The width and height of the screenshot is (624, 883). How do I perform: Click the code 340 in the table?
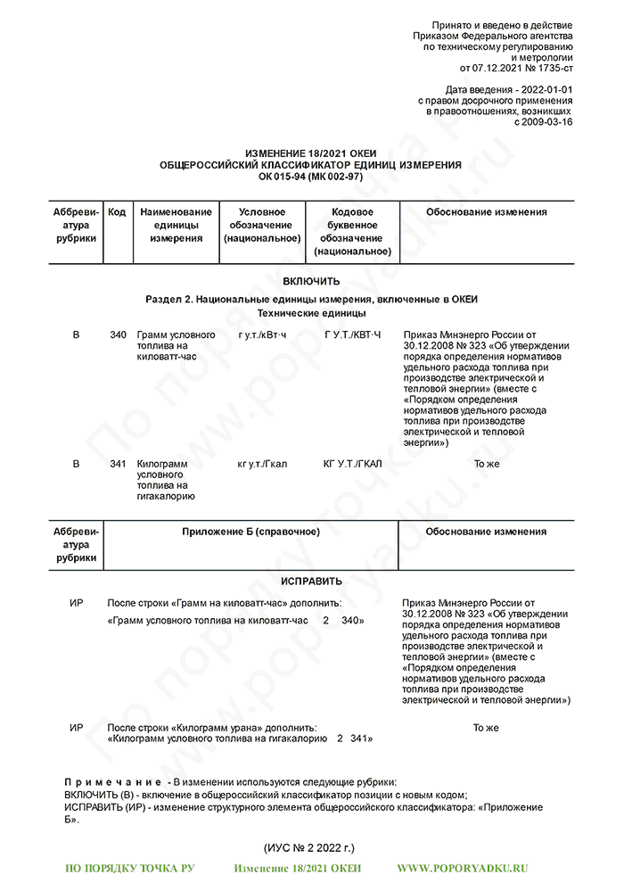tap(118, 335)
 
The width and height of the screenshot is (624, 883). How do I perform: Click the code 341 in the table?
tap(118, 464)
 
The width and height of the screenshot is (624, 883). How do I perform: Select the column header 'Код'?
tap(117, 212)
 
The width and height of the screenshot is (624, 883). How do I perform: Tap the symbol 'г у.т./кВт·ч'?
tap(262, 335)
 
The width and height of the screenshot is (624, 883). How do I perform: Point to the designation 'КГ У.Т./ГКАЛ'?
tap(352, 464)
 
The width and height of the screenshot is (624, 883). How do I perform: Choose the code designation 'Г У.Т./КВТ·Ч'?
tap(352, 335)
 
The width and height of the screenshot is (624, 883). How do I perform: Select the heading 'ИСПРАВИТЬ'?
tap(311, 582)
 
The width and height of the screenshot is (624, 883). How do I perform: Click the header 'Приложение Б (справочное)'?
tap(250, 532)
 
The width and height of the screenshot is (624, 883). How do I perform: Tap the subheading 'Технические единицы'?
tap(311, 314)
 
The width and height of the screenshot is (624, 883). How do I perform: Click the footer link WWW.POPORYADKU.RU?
tap(462, 869)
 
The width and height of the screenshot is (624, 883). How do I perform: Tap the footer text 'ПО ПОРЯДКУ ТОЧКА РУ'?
tap(130, 869)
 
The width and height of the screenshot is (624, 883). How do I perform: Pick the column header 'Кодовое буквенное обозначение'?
tap(351, 232)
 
